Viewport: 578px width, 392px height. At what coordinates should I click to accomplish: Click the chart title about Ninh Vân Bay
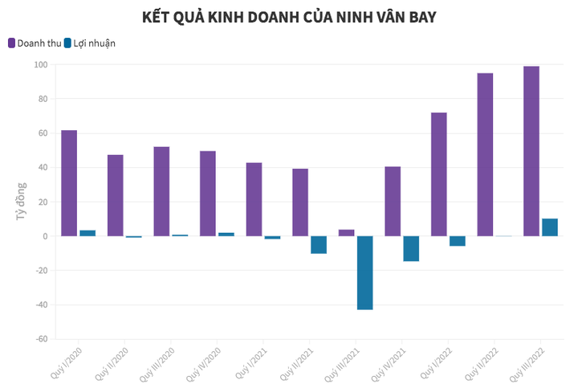click(x=289, y=17)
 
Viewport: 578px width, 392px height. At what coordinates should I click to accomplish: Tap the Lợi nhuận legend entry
click(x=89, y=43)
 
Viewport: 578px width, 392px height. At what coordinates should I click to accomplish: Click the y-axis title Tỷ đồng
click(x=21, y=202)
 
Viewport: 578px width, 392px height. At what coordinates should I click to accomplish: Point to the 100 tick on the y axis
click(x=40, y=65)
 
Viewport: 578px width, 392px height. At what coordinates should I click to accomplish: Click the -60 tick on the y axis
click(x=40, y=339)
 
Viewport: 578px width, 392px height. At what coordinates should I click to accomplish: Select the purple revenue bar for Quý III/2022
click(x=531, y=151)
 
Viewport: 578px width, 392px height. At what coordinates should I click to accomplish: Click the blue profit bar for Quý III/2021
click(x=364, y=272)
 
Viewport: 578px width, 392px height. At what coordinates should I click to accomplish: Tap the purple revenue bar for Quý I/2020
click(x=69, y=183)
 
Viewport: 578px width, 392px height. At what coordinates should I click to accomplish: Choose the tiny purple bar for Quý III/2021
click(x=346, y=233)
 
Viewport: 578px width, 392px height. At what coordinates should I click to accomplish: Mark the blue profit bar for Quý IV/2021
click(x=411, y=248)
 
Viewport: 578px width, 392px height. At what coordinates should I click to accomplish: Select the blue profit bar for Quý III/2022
click(x=550, y=227)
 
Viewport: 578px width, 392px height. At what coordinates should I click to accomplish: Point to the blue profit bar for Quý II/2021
click(x=319, y=244)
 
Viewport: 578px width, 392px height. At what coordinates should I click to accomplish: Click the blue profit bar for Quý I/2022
click(x=457, y=241)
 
